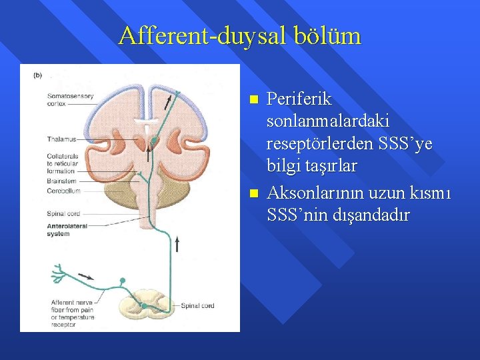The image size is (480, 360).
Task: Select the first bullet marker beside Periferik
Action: tap(253, 100)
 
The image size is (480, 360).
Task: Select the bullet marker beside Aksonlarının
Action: tap(253, 195)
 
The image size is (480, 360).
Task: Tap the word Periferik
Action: tap(299, 99)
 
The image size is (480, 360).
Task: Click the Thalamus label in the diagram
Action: tap(62, 139)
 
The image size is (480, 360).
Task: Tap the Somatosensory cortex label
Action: tap(70, 100)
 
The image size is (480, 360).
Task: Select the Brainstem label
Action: tap(62, 181)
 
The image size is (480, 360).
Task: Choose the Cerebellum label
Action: tap(63, 191)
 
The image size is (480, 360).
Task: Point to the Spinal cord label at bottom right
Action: tap(199, 306)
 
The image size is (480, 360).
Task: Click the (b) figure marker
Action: tap(37, 75)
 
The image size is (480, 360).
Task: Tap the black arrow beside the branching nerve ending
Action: tap(86, 275)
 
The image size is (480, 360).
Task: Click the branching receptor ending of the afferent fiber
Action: tap(59, 273)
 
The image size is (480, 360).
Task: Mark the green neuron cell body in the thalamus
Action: tap(155, 141)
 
